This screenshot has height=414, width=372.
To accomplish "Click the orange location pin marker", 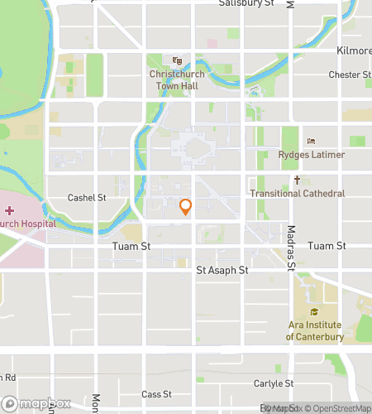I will click(186, 207).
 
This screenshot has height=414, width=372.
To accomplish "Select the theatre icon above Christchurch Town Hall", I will click(177, 60).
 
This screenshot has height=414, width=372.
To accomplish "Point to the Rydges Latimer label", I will click(312, 155).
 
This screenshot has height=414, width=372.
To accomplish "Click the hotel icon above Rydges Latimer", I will click(311, 141).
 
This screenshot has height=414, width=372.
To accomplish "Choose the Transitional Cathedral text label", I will click(297, 194).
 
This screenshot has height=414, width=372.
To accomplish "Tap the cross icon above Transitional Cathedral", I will click(297, 180).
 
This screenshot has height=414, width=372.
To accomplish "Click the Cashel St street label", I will click(87, 198).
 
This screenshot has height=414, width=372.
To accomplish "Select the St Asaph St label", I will click(222, 270).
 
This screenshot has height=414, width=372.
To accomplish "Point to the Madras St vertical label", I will click(291, 248).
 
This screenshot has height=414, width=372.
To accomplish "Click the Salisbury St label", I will click(246, 4).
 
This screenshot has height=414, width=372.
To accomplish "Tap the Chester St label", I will click(350, 75).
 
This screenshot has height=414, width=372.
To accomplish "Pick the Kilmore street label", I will click(354, 51).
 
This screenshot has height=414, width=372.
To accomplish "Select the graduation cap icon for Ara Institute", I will click(314, 312).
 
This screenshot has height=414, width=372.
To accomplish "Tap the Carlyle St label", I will click(274, 384).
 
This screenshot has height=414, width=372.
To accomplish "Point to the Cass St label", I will click(155, 394).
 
